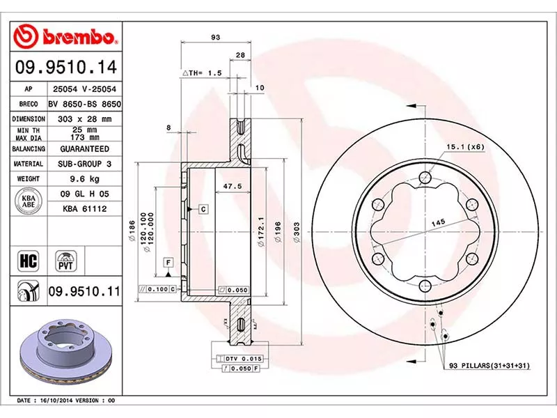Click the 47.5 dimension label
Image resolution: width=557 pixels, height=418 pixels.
(x=222, y=186)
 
